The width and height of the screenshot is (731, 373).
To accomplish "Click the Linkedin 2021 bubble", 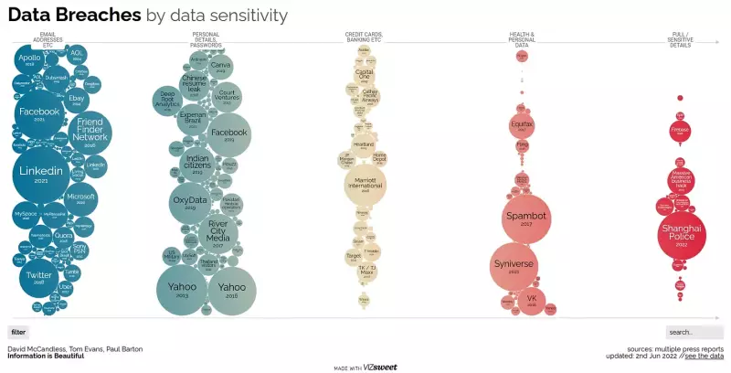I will pos(41,175).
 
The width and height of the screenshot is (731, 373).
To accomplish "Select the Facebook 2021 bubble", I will pos(39,113).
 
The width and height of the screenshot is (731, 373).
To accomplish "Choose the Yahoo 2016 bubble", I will pos(231,289).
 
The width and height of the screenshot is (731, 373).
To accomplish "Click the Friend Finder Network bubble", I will pos(90,133).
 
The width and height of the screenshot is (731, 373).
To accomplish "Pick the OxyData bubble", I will pos(190,204).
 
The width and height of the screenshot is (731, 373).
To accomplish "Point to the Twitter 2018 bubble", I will pos(39,278).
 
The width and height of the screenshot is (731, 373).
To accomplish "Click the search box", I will pos(694,332).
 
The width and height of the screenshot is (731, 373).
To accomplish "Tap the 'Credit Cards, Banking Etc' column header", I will pos(364,37).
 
